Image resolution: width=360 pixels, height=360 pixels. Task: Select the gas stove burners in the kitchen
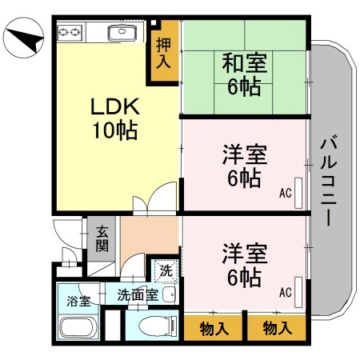70,32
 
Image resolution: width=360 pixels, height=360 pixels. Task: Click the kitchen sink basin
121,34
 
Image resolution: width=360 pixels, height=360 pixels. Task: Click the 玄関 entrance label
102,238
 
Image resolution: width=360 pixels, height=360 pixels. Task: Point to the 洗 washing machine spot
165,270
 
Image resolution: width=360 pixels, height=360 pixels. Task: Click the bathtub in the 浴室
78,328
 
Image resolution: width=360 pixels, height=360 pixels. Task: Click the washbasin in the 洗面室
169,294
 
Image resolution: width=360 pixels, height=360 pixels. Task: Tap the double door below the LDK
154,199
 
